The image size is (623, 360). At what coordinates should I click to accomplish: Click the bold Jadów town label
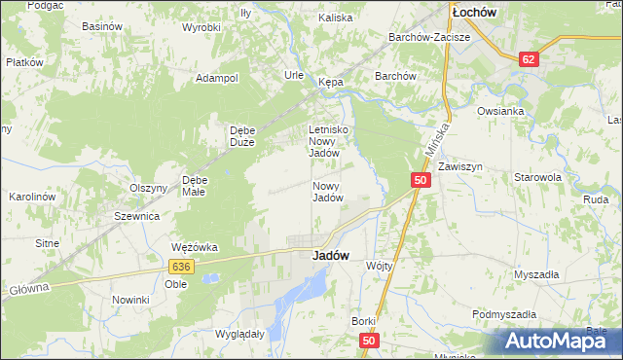pyautogui.click(x=331, y=256)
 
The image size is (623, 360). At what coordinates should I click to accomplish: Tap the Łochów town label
pyautogui.click(x=474, y=12)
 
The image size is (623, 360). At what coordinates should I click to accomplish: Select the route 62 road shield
pyautogui.click(x=529, y=59)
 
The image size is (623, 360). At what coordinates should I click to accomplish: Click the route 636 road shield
pyautogui.click(x=179, y=266)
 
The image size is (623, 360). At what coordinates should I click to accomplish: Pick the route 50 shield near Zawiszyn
pyautogui.click(x=421, y=180)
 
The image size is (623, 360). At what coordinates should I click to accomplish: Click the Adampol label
pyautogui.click(x=217, y=78)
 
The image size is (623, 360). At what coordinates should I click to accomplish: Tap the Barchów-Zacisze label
pyautogui.click(x=429, y=37)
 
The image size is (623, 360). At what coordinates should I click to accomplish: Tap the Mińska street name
pyautogui.click(x=436, y=139)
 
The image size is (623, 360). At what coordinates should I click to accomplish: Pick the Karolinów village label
pyautogui.click(x=29, y=197)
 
